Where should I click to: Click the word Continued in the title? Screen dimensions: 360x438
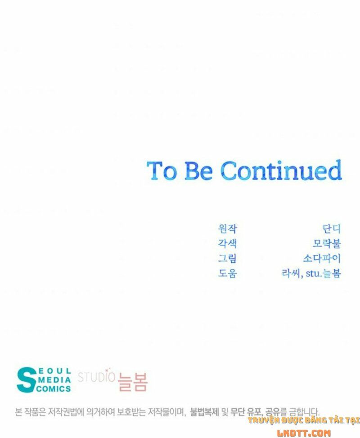click(x=281, y=170)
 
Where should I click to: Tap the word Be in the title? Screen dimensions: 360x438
click(x=198, y=171)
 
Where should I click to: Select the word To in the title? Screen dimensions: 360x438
click(x=162, y=171)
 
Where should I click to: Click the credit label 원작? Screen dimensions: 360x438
click(x=227, y=229)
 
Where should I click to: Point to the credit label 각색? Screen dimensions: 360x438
click(x=227, y=243)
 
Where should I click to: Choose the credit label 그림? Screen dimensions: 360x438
click(x=227, y=258)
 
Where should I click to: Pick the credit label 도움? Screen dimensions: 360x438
click(x=227, y=273)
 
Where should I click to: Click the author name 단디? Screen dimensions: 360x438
click(x=332, y=229)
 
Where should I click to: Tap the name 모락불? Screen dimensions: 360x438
click(x=327, y=243)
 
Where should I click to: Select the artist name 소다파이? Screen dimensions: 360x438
click(x=322, y=258)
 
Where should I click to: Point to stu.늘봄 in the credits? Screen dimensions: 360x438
click(x=324, y=273)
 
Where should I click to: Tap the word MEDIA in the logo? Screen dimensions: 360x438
click(x=55, y=380)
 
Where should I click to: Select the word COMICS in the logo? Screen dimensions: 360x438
click(x=54, y=388)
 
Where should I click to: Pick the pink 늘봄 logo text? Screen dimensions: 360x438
click(x=132, y=382)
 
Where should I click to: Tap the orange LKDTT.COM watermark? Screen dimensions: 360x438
click(x=304, y=433)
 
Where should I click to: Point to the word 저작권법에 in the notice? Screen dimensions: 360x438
click(x=66, y=412)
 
